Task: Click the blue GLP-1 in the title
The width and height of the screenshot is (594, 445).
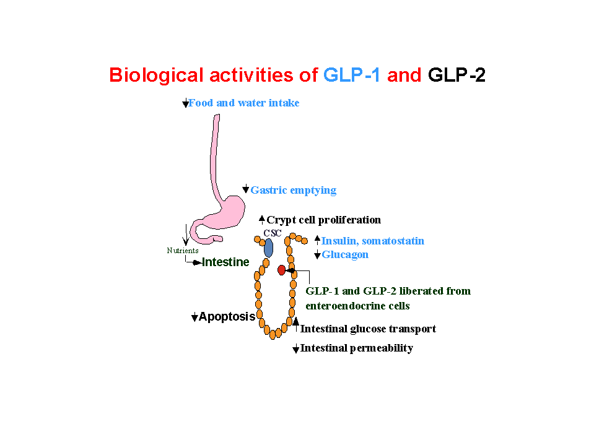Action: tap(351, 76)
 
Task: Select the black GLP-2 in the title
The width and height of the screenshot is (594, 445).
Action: tap(456, 76)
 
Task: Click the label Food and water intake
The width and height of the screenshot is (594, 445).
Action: tap(243, 103)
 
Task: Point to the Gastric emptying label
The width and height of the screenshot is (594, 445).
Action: tap(293, 190)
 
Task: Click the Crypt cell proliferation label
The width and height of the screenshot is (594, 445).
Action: tap(323, 220)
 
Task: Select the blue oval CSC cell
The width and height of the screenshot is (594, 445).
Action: tap(268, 248)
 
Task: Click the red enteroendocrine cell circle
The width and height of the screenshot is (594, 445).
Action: tap(282, 270)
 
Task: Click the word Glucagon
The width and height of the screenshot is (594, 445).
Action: tap(345, 254)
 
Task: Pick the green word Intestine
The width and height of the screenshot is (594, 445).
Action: tap(225, 262)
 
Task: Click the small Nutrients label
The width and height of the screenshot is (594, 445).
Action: tap(183, 251)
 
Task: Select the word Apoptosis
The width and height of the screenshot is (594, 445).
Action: tap(227, 317)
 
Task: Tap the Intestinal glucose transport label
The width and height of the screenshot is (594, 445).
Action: tap(368, 329)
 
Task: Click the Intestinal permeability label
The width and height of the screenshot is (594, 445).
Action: tap(356, 348)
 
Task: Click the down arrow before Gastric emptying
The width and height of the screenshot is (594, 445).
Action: tap(246, 189)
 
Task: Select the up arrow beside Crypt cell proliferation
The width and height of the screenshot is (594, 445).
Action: tap(262, 219)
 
